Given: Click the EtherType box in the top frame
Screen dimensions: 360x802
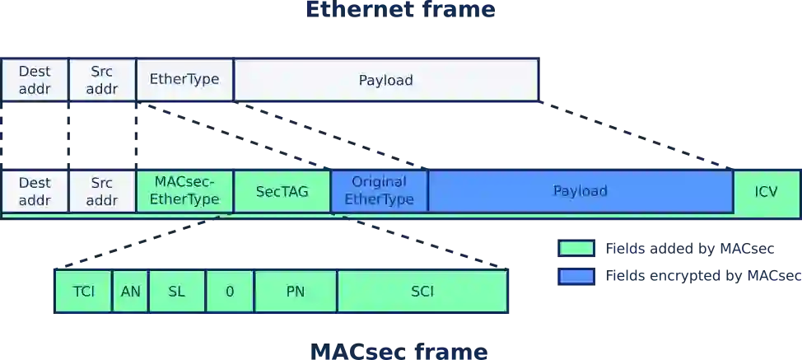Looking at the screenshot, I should point(184,80).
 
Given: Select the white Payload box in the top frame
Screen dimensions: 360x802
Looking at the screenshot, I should point(385,80).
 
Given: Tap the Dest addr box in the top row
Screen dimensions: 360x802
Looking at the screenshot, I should point(35,80).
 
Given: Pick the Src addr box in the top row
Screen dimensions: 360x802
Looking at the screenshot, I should point(102,80).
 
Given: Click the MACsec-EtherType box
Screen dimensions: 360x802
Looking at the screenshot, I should point(184,191).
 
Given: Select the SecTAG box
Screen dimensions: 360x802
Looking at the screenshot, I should point(282,191).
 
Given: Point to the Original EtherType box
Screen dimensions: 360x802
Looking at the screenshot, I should point(379,191).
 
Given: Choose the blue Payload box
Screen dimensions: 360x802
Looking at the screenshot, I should point(580,191).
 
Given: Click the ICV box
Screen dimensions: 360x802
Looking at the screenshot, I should point(766,191).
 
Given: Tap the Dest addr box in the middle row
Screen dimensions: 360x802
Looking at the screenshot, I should point(35,191).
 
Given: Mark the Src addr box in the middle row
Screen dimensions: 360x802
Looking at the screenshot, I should point(102,191).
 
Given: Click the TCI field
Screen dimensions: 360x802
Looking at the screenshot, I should point(83,292).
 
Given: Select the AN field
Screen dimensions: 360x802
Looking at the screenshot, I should point(130,292).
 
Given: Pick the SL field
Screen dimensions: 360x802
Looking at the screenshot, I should point(176,292).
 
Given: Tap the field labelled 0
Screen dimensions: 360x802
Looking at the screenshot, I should point(230,292).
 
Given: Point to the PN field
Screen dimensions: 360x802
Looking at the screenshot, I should point(296,292).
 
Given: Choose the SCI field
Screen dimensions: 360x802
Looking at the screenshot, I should point(422,292).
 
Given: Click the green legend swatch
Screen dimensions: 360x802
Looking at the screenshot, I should point(576,248).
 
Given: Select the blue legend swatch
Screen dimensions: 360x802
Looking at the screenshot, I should point(576,276).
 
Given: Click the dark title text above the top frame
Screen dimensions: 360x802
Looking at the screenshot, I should point(401,11).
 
